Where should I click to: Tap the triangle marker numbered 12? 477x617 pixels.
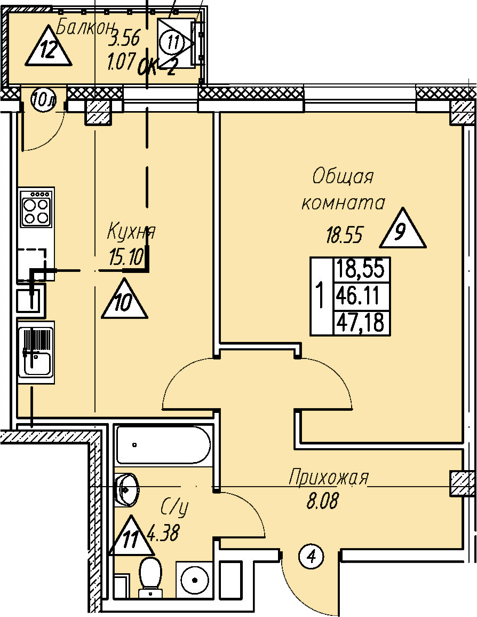click(x=49, y=49)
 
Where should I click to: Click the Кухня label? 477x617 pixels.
click(x=131, y=232)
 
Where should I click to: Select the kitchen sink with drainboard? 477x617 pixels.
click(x=36, y=352)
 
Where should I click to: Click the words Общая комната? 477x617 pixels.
click(x=343, y=189)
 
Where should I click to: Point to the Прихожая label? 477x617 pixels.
click(x=328, y=477)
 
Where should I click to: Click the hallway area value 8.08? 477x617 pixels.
click(x=322, y=502)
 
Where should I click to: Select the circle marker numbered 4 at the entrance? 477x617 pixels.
click(x=312, y=559)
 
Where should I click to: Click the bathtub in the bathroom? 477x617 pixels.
click(x=163, y=444)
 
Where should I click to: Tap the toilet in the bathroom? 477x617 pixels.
click(x=150, y=575)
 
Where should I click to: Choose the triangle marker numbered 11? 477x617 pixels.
click(x=130, y=537)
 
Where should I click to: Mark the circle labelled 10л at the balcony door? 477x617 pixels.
click(x=42, y=100)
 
